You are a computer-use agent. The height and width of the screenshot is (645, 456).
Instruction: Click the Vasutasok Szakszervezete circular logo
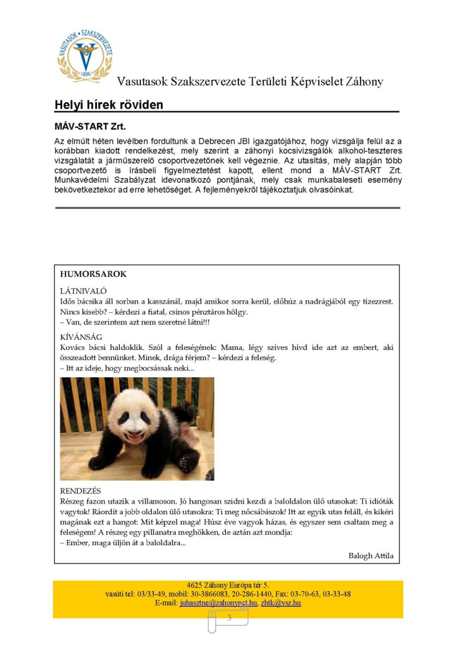coord(85,56)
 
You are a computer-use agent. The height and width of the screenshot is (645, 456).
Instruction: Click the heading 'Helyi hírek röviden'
coord(109,105)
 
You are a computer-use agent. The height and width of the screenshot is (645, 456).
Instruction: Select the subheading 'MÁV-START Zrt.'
coord(90,126)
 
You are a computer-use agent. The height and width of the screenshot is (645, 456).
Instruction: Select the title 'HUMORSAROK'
coord(93,274)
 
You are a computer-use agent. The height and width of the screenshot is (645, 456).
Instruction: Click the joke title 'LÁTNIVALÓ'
coord(83,291)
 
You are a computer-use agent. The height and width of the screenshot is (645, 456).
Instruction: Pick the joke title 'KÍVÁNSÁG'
coord(81,337)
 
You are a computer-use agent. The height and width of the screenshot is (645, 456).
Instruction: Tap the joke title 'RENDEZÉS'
coord(80,491)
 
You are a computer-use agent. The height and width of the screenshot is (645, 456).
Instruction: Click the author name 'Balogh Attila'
coord(371,556)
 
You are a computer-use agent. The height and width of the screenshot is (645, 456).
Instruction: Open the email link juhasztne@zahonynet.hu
coord(218,603)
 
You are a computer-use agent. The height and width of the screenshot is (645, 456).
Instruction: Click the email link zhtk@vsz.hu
coord(281,603)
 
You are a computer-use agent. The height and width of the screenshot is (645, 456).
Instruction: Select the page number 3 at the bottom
coord(229,617)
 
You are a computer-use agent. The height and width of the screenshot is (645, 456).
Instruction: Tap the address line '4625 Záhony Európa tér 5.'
coord(228,585)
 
